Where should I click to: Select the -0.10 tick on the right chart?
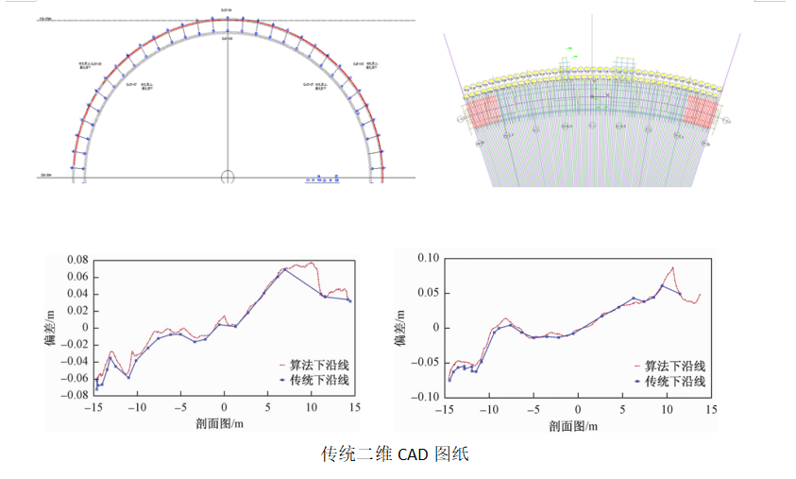427,397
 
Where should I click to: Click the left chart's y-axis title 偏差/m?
48,327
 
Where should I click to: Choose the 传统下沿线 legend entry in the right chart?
666,382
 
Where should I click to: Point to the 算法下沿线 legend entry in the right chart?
666,366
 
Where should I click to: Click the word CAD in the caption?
412,454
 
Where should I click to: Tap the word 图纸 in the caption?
451,454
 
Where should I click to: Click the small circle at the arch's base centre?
227,177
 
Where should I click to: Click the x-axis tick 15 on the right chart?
709,411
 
